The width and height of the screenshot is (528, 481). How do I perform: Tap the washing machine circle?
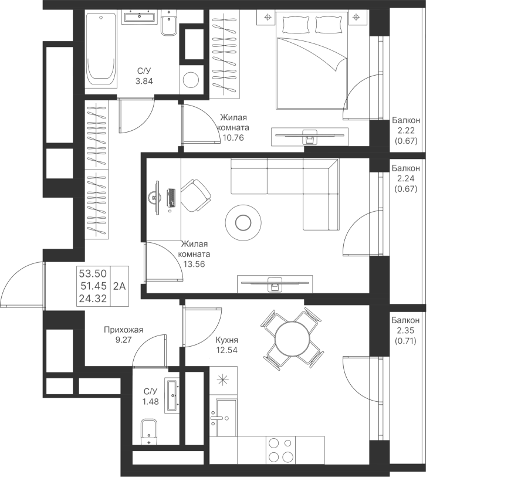coord(191,79)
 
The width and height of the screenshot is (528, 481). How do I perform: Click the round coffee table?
coord(243,222)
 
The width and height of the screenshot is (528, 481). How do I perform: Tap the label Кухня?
coord(226,340)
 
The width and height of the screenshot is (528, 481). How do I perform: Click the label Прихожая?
coord(123,330)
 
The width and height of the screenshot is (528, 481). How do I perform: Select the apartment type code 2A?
coord(120,286)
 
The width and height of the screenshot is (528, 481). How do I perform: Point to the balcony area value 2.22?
coord(406,131)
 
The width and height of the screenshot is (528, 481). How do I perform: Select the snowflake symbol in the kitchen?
coord(222,380)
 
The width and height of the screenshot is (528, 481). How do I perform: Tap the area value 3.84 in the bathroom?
coord(144,82)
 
